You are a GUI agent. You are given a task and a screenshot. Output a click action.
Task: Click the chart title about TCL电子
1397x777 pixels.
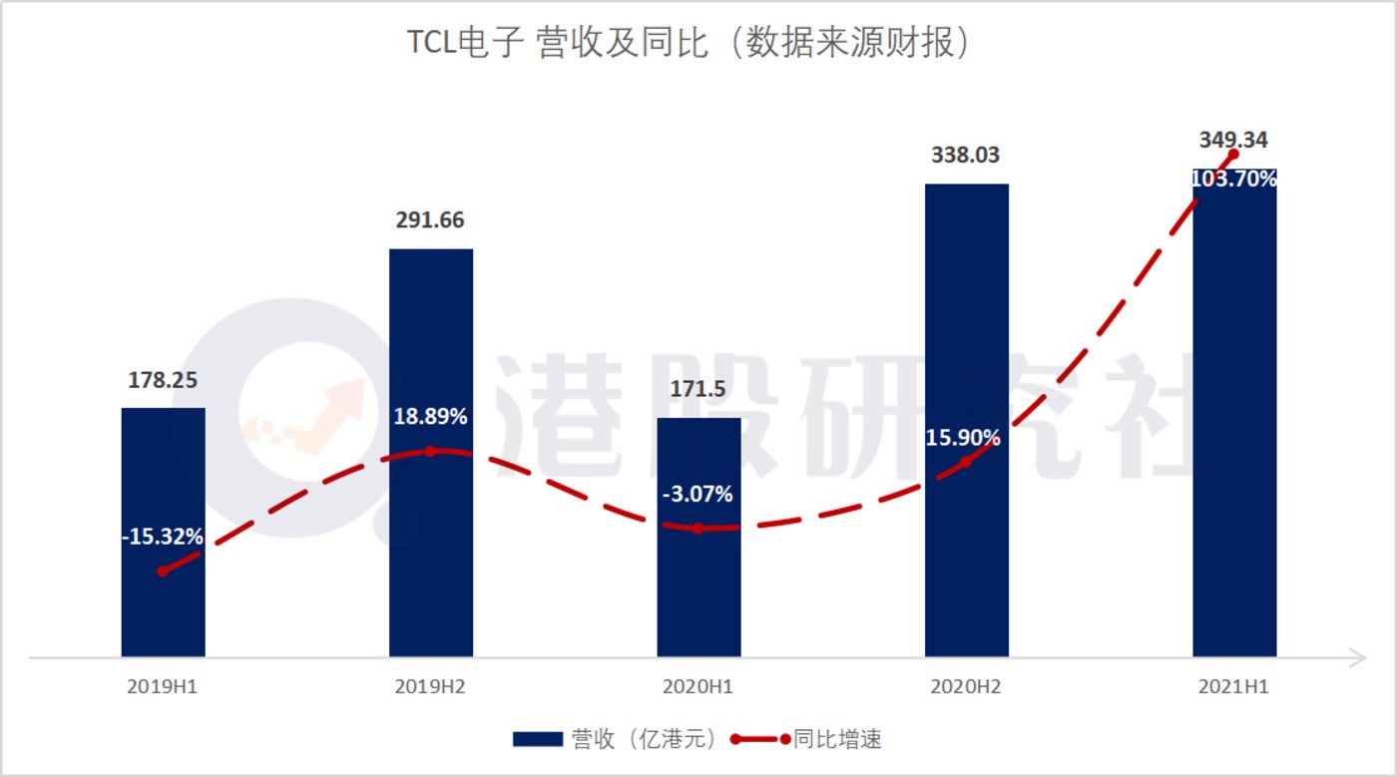pos(688,45)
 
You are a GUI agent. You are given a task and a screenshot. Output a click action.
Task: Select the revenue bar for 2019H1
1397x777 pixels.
pos(163,598)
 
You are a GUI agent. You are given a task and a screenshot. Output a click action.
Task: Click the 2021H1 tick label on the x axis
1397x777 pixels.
pos(1234,687)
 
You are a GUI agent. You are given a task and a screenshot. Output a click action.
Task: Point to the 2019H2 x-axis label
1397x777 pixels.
pos(431,687)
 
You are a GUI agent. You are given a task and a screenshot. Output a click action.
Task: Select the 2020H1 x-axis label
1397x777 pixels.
pos(698,687)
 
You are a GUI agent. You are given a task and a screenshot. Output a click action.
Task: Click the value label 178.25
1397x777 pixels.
pos(163,379)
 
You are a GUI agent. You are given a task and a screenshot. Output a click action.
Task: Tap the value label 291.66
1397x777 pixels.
pos(430,220)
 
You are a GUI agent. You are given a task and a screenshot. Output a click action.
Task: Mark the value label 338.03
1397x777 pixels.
pos(966,156)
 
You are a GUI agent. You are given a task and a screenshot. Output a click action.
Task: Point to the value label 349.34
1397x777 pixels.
pos(1233,140)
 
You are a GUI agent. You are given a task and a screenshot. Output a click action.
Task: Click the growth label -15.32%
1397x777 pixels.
pos(163,537)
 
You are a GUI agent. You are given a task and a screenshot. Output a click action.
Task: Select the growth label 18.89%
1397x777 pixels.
pos(430,417)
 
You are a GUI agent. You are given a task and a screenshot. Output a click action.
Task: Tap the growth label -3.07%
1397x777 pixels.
pos(698,494)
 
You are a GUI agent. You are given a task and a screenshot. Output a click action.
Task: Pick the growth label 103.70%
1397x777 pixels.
pos(1235,180)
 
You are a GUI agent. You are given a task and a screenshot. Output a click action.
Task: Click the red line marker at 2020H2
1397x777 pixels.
pos(966,462)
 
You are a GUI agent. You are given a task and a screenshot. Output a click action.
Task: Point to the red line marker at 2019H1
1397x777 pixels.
pos(163,572)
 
